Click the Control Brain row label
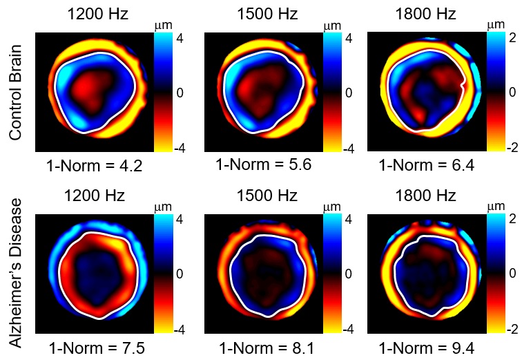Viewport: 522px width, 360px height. click(x=17, y=93)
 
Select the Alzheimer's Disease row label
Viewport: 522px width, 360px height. click(x=17, y=273)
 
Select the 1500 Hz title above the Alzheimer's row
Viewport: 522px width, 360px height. click(x=264, y=195)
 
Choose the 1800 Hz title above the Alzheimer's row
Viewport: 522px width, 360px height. click(x=427, y=195)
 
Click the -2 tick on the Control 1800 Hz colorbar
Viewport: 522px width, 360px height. click(x=513, y=149)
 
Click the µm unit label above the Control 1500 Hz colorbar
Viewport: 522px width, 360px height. click(x=332, y=26)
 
